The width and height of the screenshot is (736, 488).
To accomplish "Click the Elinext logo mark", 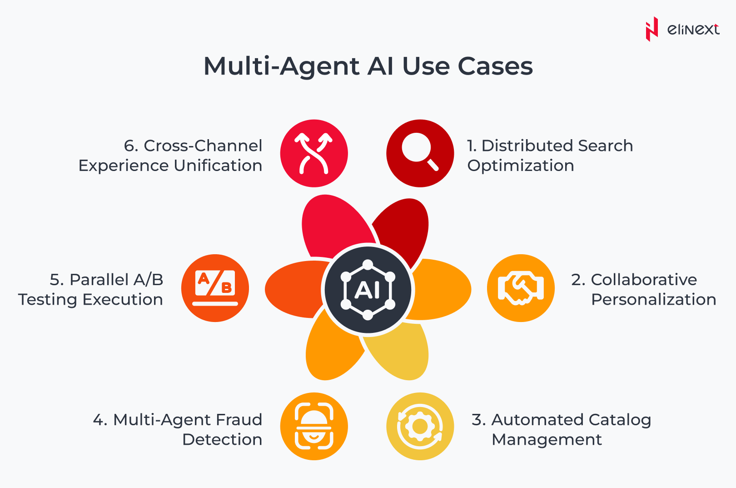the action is click(651, 29).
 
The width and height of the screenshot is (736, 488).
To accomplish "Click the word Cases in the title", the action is click(495, 66).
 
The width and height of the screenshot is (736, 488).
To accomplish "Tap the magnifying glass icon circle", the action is click(420, 153).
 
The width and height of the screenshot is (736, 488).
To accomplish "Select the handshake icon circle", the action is click(521, 288).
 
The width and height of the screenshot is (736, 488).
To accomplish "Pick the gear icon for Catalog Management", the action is click(420, 426).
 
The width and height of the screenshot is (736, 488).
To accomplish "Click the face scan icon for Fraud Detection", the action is click(314, 426).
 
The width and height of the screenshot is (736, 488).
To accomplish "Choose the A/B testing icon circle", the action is click(215, 288).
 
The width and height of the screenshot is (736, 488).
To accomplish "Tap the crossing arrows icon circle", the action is click(314, 153).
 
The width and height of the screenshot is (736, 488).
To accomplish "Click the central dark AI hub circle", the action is click(368, 290).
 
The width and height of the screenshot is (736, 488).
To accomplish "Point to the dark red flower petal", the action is click(403, 227).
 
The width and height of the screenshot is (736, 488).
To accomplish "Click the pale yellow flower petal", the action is click(399, 352).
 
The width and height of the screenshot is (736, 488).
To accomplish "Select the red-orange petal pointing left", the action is click(293, 289).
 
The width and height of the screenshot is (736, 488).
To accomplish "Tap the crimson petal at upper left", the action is click(335, 224).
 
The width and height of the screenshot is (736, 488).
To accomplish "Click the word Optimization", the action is click(521, 166).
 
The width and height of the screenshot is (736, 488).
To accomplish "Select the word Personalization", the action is click(653, 300).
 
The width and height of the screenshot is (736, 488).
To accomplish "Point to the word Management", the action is click(547, 440).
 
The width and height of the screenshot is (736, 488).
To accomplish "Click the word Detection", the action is click(223, 440).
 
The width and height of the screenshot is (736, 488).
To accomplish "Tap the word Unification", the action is click(218, 166).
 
